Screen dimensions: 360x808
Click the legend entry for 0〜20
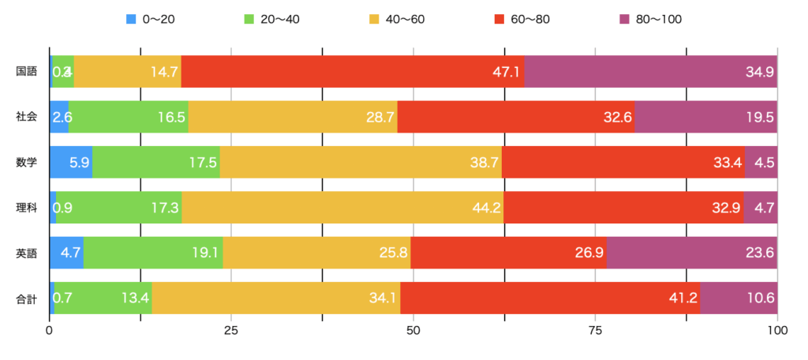click(x=150, y=19)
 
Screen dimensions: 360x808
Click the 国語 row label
click(x=26, y=72)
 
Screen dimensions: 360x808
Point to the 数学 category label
click(x=26, y=163)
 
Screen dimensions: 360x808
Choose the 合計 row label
click(x=26, y=299)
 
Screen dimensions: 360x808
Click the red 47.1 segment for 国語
click(x=352, y=72)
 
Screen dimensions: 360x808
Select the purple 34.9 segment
click(x=650, y=72)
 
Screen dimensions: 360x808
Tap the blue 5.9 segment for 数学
click(x=71, y=163)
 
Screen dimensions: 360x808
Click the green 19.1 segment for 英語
click(x=153, y=253)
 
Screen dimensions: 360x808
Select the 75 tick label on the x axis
click(x=596, y=330)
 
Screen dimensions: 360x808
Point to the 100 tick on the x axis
click(x=777, y=330)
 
